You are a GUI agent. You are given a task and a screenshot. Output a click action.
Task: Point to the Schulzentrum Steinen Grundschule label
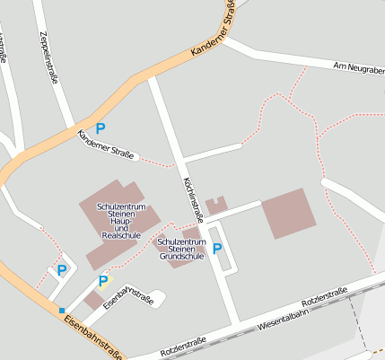[x=182, y=249]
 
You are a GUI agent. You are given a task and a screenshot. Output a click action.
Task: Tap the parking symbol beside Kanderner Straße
[x=100, y=129]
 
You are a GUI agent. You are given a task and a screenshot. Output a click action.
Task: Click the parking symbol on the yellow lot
[x=102, y=281]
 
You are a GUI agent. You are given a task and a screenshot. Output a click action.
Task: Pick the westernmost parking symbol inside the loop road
[x=61, y=269]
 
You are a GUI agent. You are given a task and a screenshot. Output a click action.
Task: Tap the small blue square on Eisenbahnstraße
[x=62, y=311]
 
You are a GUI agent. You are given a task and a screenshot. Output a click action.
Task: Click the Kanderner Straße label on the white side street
[x=106, y=145]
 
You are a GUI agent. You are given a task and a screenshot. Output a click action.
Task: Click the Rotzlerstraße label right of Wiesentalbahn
[x=325, y=294]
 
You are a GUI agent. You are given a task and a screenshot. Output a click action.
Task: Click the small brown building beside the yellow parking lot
[x=94, y=301]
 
